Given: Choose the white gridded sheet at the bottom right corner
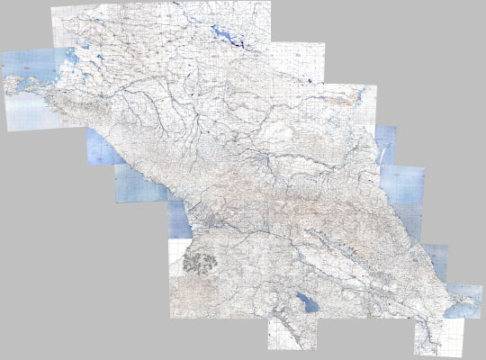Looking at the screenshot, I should coord(439,337).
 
